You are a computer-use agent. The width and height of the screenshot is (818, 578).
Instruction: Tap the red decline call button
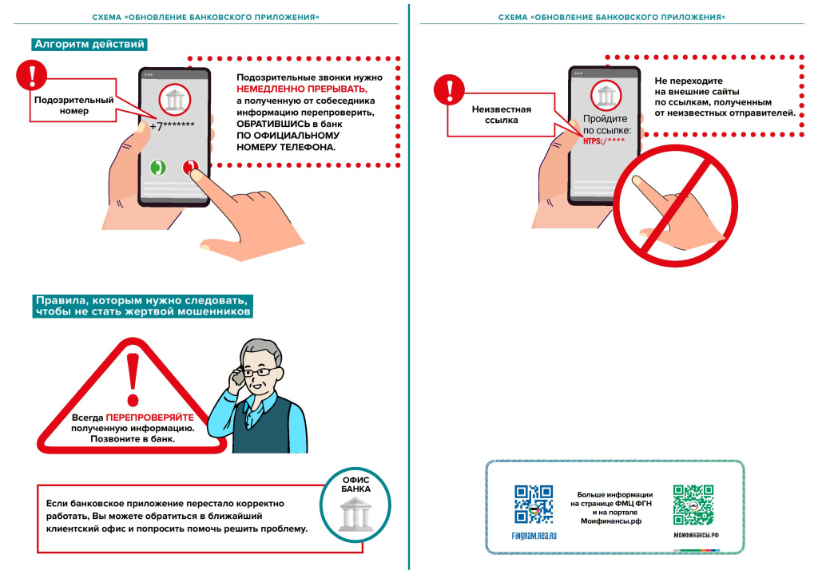point(189,168)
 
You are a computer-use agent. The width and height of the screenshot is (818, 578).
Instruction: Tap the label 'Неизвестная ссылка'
point(502,114)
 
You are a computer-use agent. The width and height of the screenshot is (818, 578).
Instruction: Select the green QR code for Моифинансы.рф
point(693,504)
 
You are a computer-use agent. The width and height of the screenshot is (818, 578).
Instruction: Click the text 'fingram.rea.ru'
point(534,535)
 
